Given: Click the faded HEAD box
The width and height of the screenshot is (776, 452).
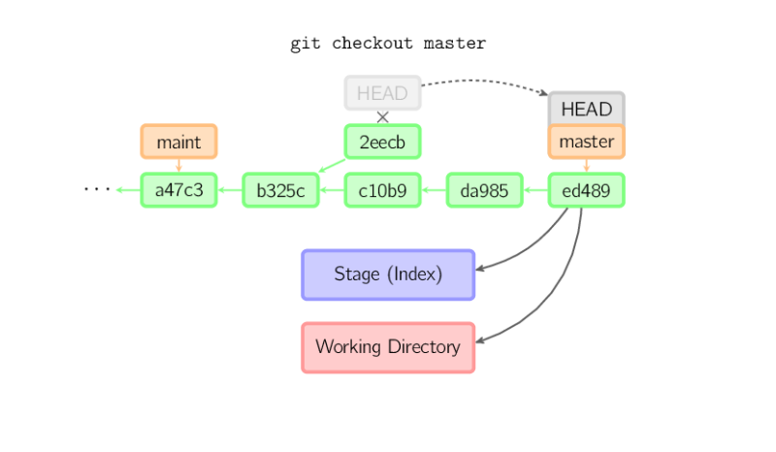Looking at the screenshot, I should click(x=382, y=93).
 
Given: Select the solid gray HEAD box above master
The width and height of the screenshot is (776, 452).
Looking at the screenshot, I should click(x=586, y=109).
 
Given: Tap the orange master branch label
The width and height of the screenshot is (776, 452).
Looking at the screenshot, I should click(x=586, y=142).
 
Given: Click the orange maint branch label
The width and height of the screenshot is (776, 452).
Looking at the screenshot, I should click(x=178, y=142).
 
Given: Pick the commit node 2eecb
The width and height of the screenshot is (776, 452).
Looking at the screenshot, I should click(x=382, y=142).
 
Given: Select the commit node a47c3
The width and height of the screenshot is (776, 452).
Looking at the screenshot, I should click(x=178, y=190).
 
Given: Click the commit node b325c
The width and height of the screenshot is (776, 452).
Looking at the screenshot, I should click(x=280, y=190).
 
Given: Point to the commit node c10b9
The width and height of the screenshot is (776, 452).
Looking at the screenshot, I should click(x=382, y=190).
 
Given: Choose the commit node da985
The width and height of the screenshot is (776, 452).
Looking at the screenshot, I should click(x=484, y=190).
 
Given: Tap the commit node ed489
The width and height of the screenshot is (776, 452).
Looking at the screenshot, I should click(x=586, y=190).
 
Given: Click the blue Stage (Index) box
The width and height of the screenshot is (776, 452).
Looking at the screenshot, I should click(x=387, y=274).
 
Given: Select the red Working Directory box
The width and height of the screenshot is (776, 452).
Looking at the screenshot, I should click(x=387, y=347).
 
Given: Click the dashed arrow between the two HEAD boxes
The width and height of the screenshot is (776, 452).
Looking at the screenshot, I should click(x=485, y=81).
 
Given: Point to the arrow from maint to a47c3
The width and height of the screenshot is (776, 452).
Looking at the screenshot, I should click(x=178, y=166).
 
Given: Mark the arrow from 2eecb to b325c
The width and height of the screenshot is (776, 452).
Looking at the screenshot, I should click(x=331, y=166).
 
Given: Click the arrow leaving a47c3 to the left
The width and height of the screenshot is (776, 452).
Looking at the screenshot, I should click(x=127, y=190).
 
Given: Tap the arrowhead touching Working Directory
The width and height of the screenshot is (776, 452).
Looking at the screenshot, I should click(x=482, y=339).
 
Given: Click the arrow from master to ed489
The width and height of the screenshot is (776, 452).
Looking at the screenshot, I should click(x=586, y=166).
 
